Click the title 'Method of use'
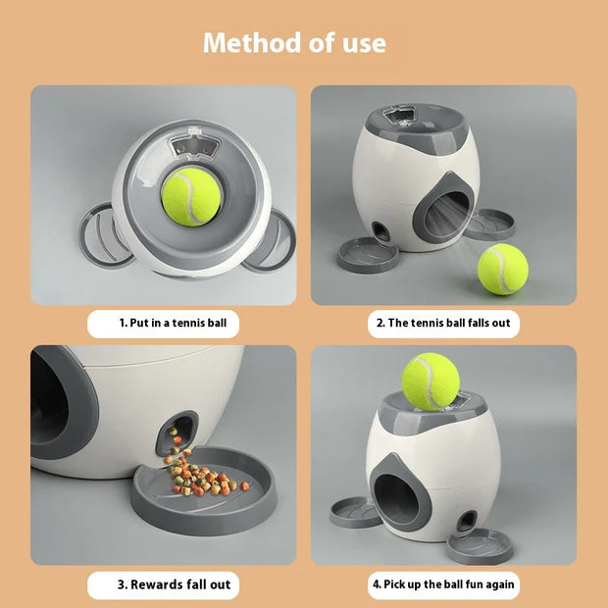pyautogui.click(x=294, y=43)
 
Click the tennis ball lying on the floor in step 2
pyautogui.click(x=502, y=270)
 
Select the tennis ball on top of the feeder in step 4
pyautogui.click(x=431, y=381)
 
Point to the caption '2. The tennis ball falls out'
pyautogui.click(x=443, y=322)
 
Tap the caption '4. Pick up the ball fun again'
pyautogui.click(x=443, y=584)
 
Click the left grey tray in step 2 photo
pyautogui.click(x=368, y=255)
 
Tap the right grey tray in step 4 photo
pyautogui.click(x=480, y=546)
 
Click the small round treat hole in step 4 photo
pyautogui.click(x=467, y=520)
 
